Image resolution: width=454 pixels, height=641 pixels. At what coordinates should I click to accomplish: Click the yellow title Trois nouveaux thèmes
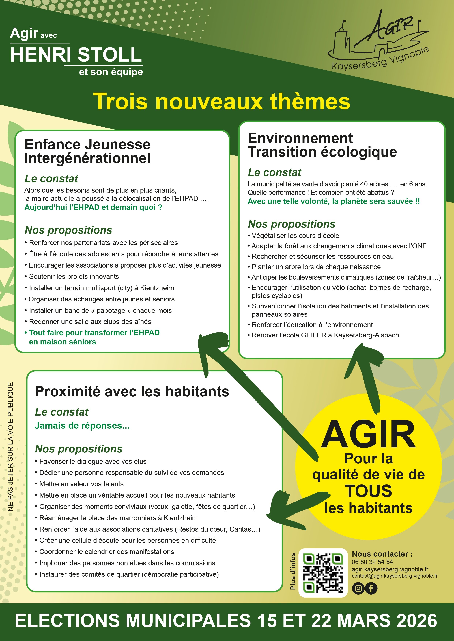221,101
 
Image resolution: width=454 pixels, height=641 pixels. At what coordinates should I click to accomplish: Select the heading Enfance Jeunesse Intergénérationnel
87,151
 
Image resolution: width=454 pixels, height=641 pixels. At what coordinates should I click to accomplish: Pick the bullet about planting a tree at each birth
316,267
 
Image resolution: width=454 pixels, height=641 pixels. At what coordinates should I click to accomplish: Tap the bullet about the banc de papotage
100,310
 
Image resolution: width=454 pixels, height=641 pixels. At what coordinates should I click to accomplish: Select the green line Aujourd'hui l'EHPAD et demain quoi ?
93,207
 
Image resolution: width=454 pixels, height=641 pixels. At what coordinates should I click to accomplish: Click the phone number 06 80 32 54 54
372,562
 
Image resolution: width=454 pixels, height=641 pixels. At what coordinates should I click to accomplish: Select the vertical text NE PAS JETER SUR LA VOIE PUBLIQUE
11,447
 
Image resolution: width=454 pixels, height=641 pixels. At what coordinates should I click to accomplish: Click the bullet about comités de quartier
129,574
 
